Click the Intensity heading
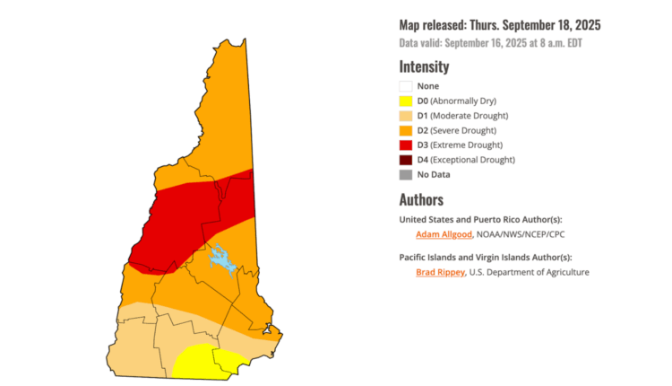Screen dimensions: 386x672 point(424,66)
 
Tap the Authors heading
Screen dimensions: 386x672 point(421,199)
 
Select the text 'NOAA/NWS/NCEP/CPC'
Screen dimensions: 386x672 point(520,234)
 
